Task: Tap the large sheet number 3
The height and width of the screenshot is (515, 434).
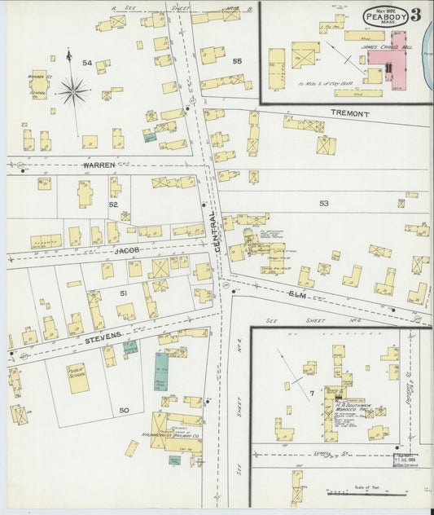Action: pyautogui.click(x=415, y=15)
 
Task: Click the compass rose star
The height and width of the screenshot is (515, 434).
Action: pyautogui.click(x=73, y=90)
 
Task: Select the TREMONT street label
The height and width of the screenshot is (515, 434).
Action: pyautogui.click(x=350, y=114)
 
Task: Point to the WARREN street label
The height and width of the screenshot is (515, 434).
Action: pyautogui.click(x=99, y=165)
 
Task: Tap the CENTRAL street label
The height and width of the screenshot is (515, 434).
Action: pyautogui.click(x=214, y=231)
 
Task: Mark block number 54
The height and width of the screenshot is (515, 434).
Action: pyautogui.click(x=87, y=63)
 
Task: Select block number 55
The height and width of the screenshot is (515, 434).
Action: pyautogui.click(x=237, y=61)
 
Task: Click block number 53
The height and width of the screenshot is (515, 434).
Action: pyautogui.click(x=324, y=203)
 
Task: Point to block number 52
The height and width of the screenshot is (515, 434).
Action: pyautogui.click(x=113, y=205)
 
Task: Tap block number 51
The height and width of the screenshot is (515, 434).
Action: pyautogui.click(x=124, y=293)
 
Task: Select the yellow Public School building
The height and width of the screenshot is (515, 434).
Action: pyautogui.click(x=78, y=378)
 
